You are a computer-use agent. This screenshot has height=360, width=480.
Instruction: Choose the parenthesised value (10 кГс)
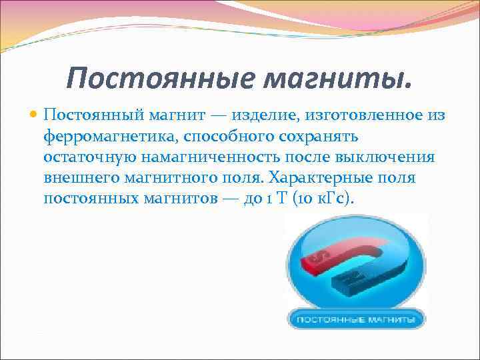click(x=331, y=199)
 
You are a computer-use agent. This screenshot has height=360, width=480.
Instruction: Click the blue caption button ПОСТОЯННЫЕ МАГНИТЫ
click(x=357, y=320)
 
